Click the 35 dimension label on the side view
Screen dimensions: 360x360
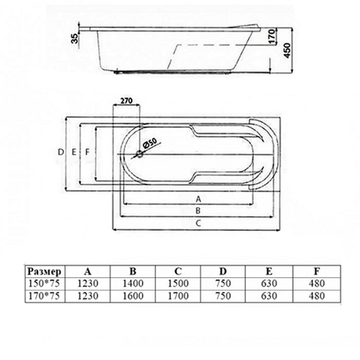coord(75,39)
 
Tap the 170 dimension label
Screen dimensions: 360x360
coord(272,36)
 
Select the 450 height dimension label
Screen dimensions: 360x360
coord(287,50)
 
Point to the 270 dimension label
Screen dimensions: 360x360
coord(126,100)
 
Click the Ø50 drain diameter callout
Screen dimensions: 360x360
coord(149,143)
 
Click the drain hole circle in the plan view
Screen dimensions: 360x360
coord(140,154)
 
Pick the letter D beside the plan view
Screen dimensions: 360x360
coord(60,152)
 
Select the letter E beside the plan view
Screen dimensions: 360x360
coord(74,152)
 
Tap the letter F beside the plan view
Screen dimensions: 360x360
coord(87,152)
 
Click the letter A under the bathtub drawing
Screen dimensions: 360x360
coord(198,199)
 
